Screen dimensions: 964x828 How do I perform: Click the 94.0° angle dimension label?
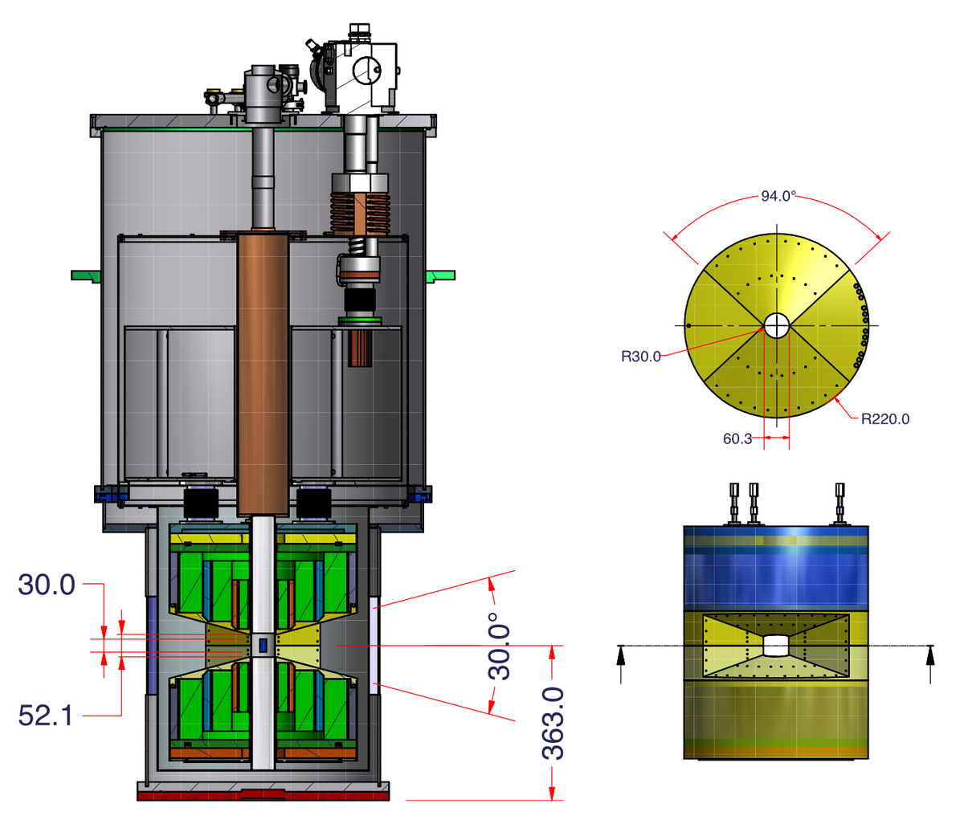(x=778, y=196)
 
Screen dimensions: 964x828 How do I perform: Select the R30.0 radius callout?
(x=641, y=357)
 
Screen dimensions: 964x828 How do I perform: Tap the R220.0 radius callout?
(x=884, y=419)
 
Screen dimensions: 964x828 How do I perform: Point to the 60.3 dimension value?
(x=737, y=438)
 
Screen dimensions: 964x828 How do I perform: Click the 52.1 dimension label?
(x=46, y=716)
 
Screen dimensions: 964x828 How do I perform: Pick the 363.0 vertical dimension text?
(x=553, y=723)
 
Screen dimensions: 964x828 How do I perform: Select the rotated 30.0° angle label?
(x=500, y=646)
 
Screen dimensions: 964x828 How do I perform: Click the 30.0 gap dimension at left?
(x=46, y=584)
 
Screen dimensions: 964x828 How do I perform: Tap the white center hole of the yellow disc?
(x=777, y=325)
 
